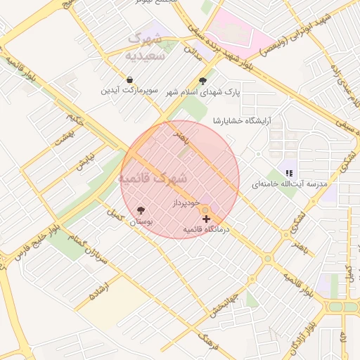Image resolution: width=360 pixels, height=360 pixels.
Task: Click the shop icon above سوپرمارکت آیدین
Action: [131, 79]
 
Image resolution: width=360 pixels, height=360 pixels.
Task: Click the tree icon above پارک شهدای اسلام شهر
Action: [203, 81]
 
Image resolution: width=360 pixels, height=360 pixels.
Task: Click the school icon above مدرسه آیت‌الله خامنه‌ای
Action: [288, 173]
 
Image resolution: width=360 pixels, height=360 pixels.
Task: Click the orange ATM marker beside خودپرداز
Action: [205, 210]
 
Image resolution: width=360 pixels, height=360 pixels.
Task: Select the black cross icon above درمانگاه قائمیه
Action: [206, 219]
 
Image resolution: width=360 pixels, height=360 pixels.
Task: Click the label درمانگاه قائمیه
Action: [207, 230]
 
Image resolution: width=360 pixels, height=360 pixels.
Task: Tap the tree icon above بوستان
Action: [141, 210]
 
